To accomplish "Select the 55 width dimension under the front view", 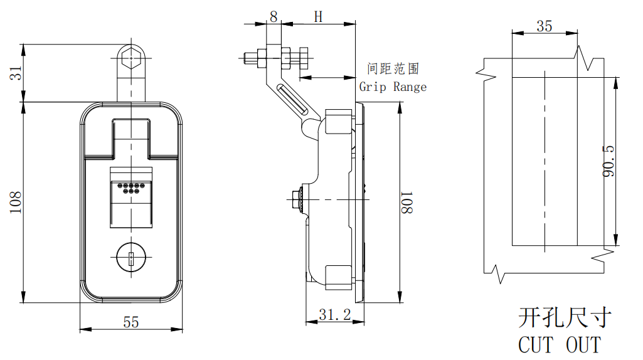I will click(130, 322).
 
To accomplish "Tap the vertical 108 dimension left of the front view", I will click(17, 202).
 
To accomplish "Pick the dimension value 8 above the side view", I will click(273, 16).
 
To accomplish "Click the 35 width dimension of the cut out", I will click(545, 26).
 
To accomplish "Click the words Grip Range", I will click(393, 87).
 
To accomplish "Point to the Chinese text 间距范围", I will click(393, 69).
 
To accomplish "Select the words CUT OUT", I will click(560, 344).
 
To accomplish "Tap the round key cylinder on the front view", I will click(132, 258).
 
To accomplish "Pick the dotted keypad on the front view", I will click(132, 188).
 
